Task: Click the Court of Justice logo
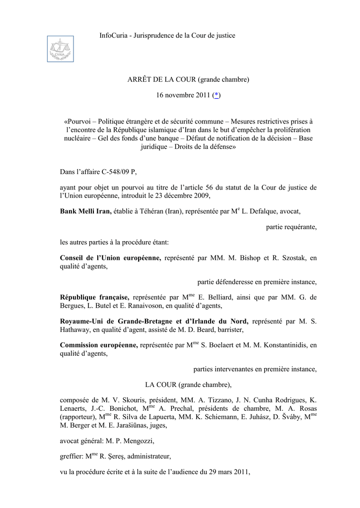pos(60,49)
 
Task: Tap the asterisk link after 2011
pos(216,95)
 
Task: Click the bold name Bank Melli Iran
pos(85,211)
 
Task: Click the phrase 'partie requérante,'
pos(291,227)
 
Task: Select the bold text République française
pos(94,297)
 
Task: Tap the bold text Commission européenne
pos(99,345)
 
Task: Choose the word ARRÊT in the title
pos(138,79)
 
